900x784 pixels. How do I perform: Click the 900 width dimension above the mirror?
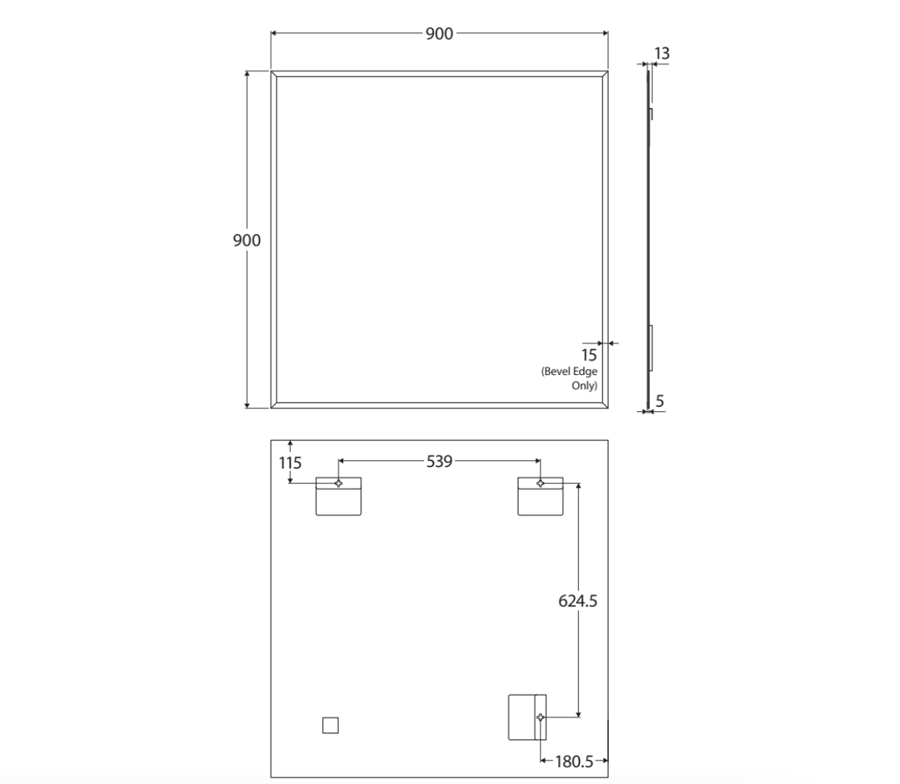tap(439, 34)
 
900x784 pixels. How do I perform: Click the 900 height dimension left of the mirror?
tap(247, 240)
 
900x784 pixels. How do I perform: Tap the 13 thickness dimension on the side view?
tap(662, 54)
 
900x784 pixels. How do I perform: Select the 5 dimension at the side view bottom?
tap(660, 401)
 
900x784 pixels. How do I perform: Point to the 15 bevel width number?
tap(589, 354)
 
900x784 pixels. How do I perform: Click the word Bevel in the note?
tap(556, 371)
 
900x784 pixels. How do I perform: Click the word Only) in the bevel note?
tap(584, 385)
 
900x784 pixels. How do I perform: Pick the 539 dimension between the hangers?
tap(439, 461)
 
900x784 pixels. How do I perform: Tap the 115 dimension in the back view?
tap(290, 463)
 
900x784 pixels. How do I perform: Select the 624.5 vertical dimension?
tap(577, 601)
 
